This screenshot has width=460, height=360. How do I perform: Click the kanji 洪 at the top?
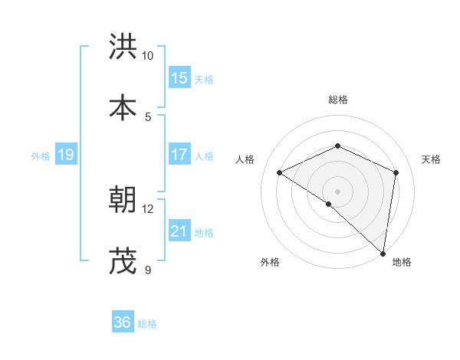point(123,47)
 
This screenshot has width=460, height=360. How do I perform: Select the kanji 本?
point(123,108)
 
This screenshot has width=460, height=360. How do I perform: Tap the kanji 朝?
point(123,200)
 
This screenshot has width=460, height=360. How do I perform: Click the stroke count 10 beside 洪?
point(148,56)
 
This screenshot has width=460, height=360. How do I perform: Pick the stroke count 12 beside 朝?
point(148,208)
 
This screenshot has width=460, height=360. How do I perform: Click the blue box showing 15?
point(179,78)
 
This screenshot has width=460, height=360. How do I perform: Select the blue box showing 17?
point(179,155)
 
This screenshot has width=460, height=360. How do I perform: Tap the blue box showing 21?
point(179,231)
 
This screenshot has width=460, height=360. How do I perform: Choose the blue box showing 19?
point(66,155)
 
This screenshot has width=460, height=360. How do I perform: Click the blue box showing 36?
point(123,322)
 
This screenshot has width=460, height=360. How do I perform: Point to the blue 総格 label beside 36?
point(147,324)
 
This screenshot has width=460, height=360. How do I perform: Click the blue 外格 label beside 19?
point(41,156)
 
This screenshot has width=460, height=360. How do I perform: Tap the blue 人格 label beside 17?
point(204,156)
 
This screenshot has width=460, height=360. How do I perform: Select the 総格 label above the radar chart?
point(338,100)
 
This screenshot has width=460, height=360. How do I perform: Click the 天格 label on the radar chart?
point(432,159)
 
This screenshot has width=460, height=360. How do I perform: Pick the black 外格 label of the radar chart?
point(270,262)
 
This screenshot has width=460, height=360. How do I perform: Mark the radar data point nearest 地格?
point(383,254)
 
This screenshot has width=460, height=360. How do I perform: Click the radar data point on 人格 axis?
point(280,173)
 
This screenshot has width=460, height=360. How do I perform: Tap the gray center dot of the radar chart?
point(338,191)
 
